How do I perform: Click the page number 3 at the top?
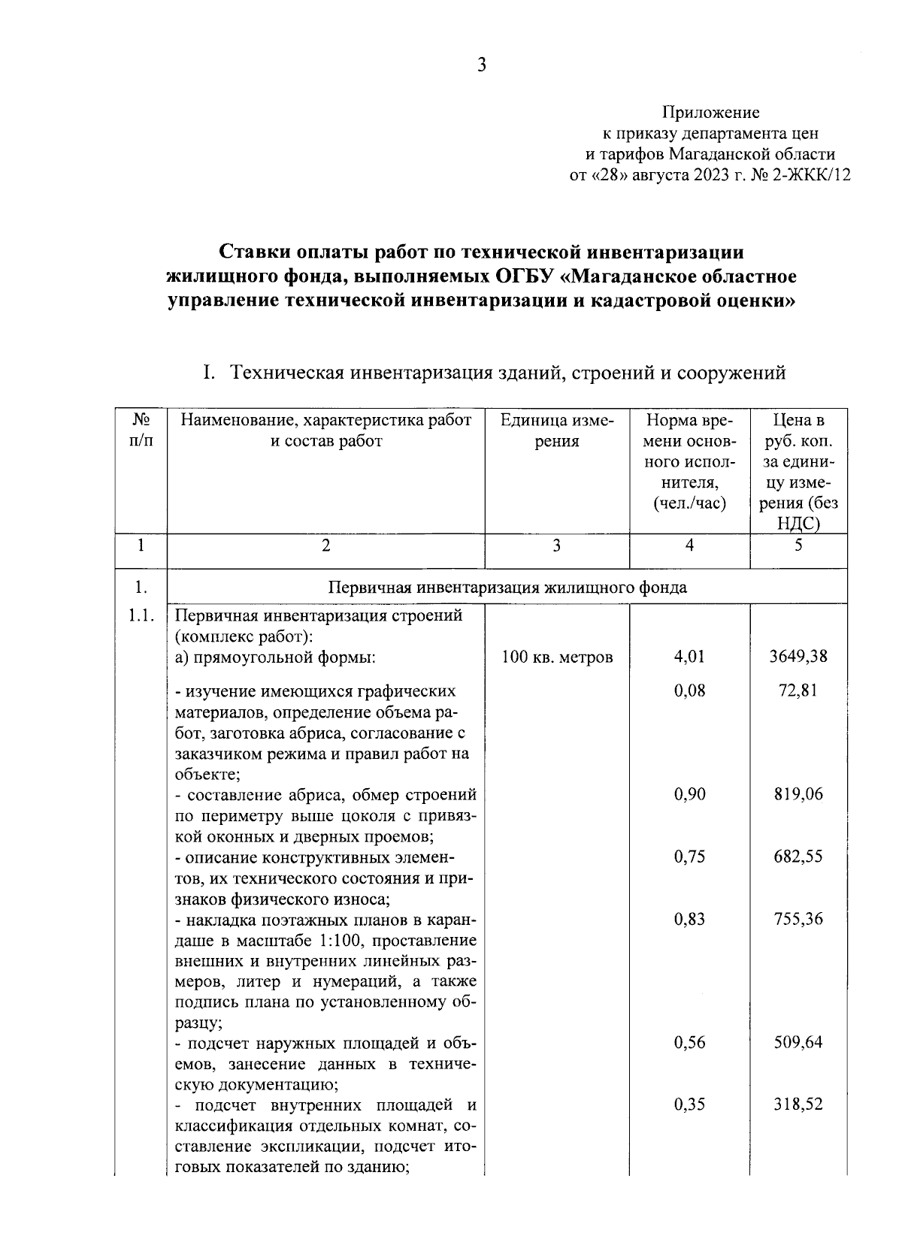(x=482, y=66)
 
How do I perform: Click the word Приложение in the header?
(x=710, y=113)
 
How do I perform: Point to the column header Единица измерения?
(x=556, y=431)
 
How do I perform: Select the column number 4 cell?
(x=689, y=545)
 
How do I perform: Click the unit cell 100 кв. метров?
(x=557, y=657)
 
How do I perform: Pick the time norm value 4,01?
(x=689, y=657)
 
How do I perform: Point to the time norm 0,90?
(x=689, y=794)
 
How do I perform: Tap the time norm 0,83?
(x=689, y=919)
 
